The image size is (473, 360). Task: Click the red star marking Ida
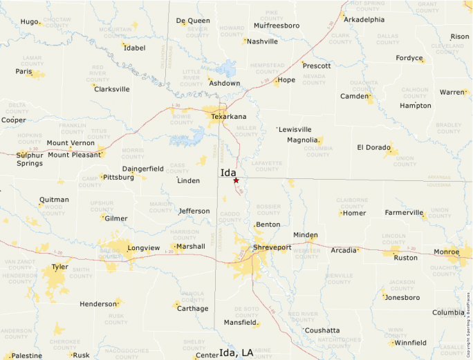pos(236,180)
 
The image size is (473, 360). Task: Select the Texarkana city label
pos(228,117)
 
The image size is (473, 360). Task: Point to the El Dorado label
pos(373,147)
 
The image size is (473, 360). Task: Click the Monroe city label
pos(446,252)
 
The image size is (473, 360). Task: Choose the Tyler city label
pos(60,266)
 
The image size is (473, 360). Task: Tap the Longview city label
pos(143,247)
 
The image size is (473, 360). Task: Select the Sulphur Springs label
pos(30,159)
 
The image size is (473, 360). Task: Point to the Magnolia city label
pos(302,140)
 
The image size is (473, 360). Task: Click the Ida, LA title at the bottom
pos(236,353)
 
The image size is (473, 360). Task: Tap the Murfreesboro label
pos(277,26)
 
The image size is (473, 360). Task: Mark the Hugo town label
pos(29,21)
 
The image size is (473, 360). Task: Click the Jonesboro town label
pos(402,298)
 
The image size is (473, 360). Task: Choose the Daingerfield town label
pos(142,169)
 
